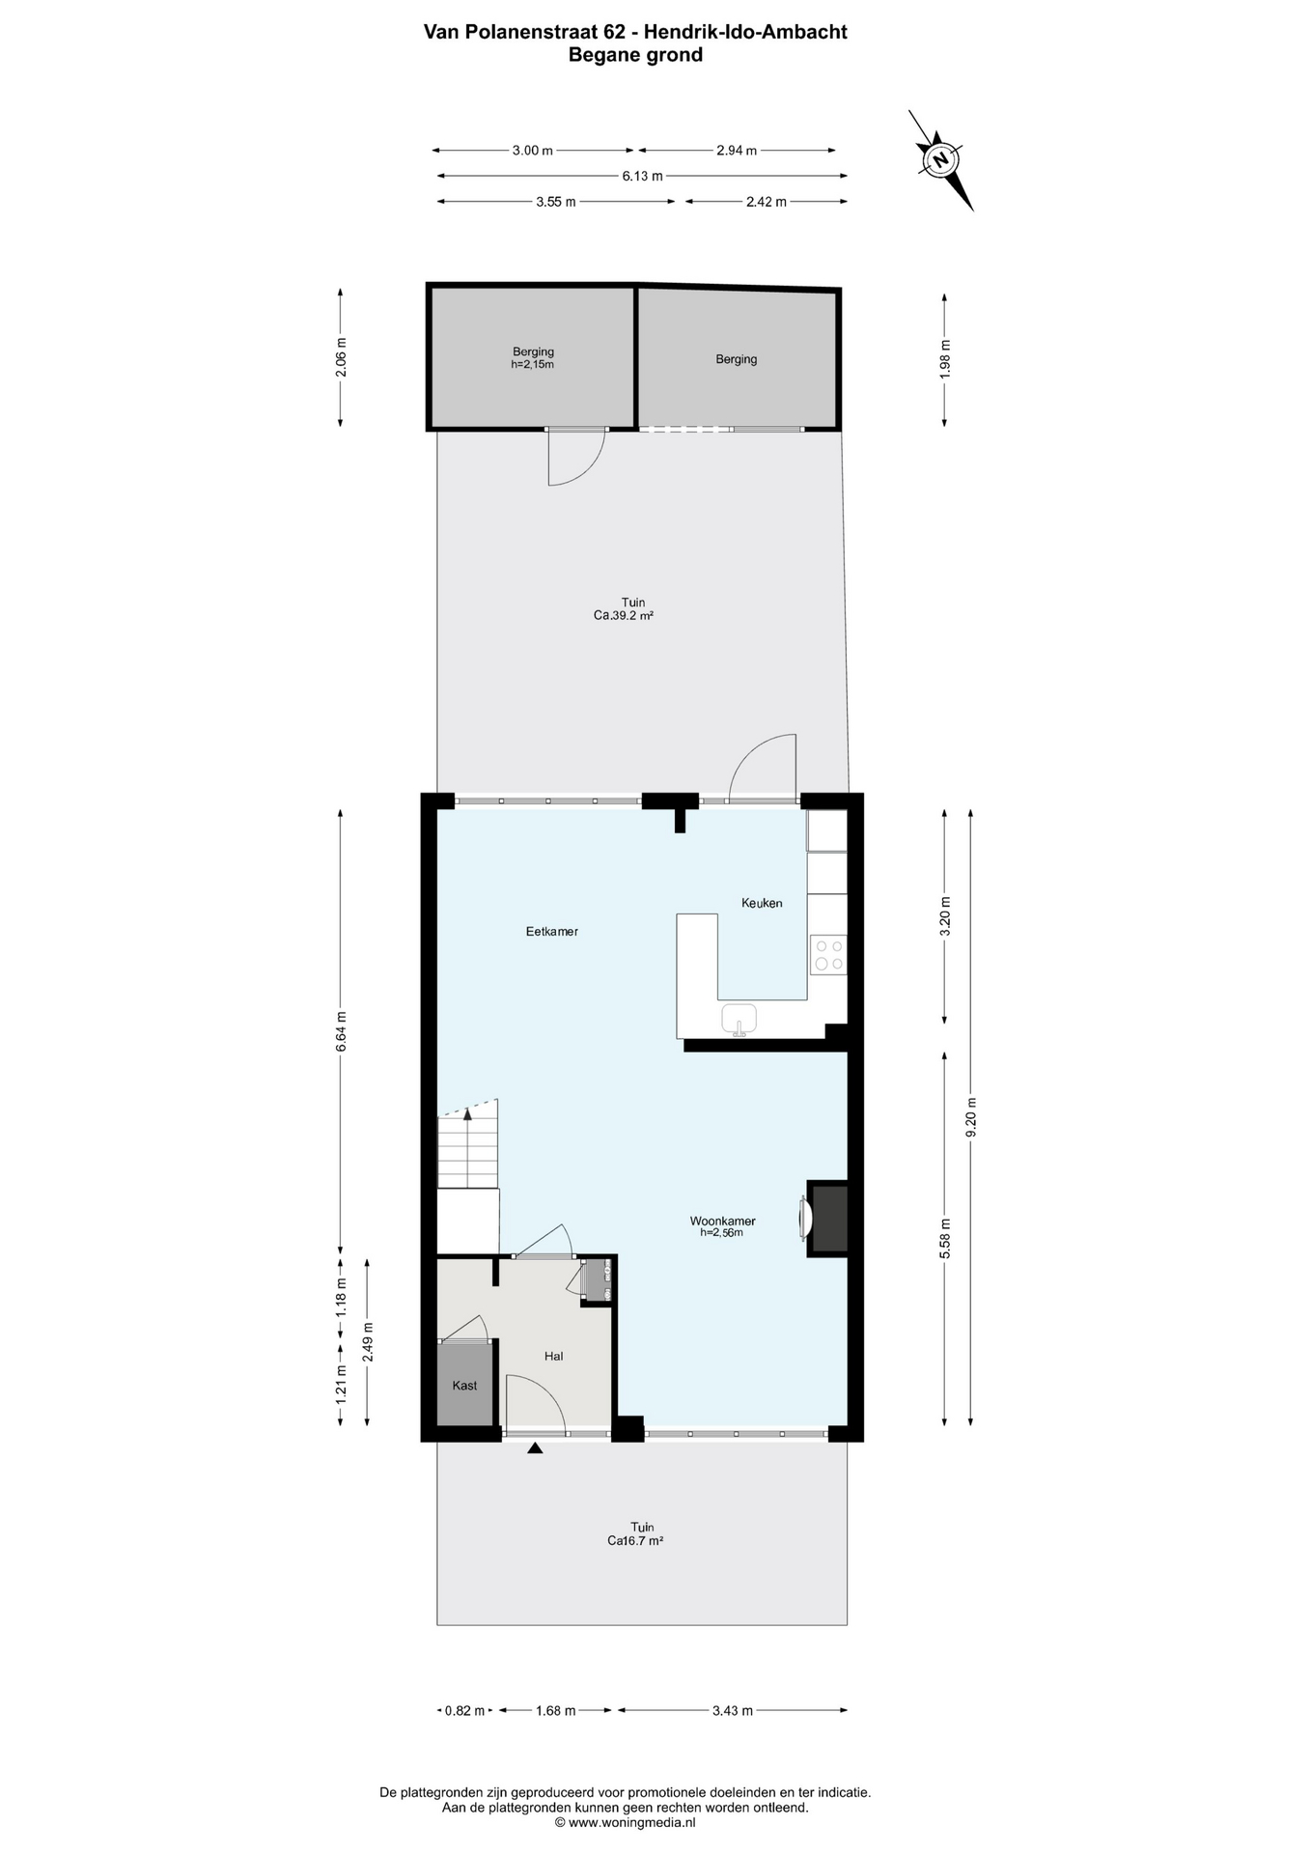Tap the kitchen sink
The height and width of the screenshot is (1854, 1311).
(x=739, y=1017)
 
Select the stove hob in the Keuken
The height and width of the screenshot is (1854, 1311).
(x=828, y=955)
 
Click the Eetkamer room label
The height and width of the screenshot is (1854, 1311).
(x=552, y=932)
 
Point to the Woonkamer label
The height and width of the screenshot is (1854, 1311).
(x=722, y=1222)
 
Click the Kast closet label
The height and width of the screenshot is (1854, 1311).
(x=464, y=1385)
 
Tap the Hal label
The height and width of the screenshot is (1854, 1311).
(x=553, y=1356)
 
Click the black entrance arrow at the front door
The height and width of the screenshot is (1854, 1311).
(x=534, y=1447)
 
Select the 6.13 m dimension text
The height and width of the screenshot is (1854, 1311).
(x=642, y=176)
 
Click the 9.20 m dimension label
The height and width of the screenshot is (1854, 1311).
(x=971, y=1116)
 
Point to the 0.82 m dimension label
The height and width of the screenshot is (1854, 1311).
(x=464, y=1710)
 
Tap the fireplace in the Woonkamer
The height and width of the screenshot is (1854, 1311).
(x=828, y=1218)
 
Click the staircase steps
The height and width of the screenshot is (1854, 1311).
(x=468, y=1152)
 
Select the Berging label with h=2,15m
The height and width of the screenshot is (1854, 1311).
(x=533, y=358)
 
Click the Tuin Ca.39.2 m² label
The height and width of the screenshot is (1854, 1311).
(x=632, y=608)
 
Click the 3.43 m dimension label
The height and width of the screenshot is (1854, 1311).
(x=732, y=1710)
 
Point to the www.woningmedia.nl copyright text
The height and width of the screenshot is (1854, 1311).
(x=626, y=1822)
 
